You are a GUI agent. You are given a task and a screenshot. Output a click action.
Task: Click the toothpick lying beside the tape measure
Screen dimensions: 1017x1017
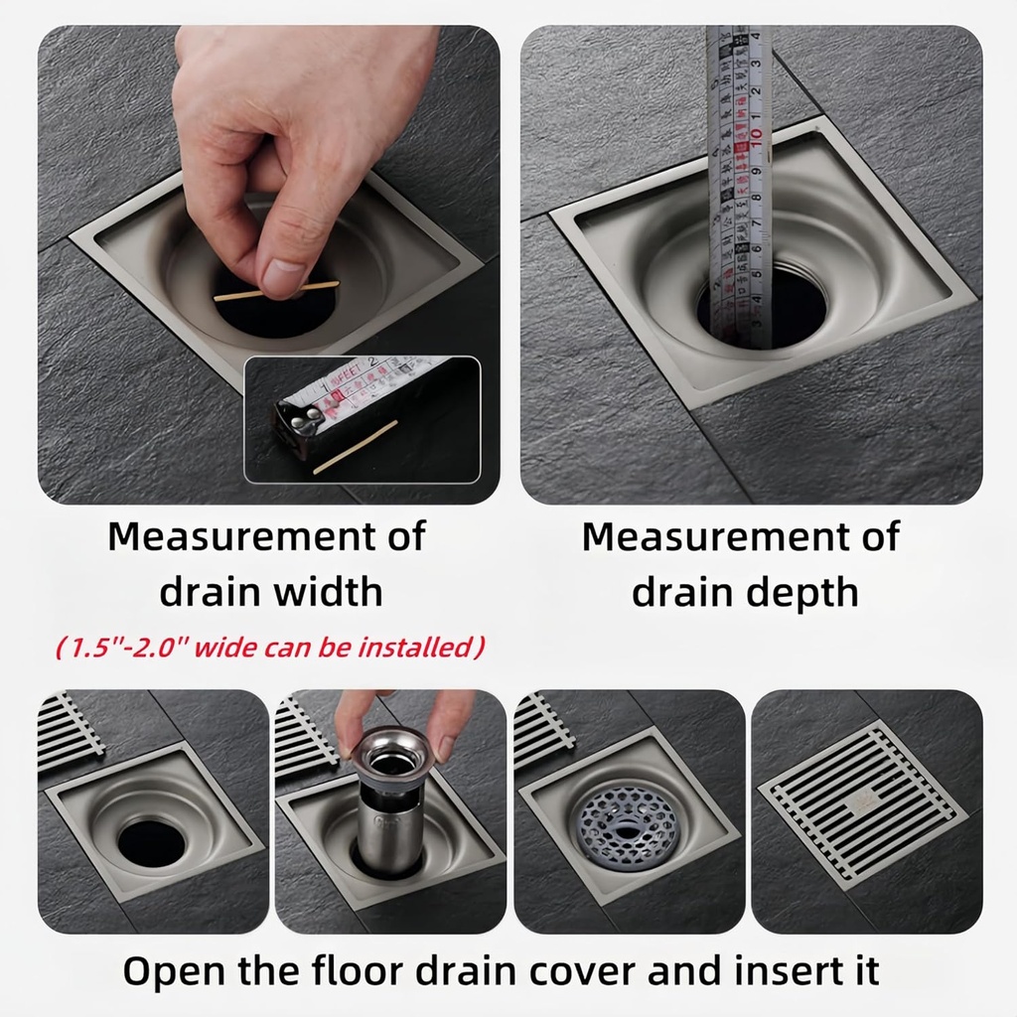click(x=355, y=447)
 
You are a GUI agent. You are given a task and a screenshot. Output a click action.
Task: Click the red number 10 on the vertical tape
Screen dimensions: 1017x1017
click(x=757, y=133)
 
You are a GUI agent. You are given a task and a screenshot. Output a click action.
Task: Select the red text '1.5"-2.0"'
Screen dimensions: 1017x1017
click(x=122, y=649)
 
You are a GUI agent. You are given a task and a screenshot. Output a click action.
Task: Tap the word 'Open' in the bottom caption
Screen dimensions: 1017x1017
click(x=179, y=970)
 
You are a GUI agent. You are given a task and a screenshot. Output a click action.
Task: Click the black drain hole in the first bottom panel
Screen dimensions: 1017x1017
click(x=152, y=841)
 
